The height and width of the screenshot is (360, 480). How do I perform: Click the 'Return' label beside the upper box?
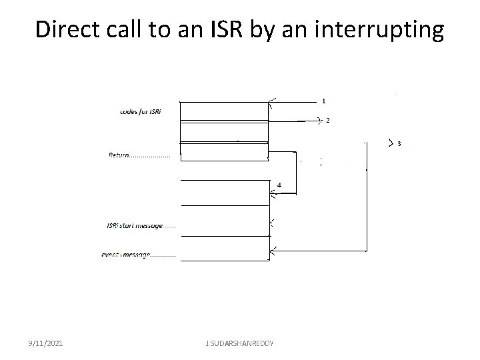click(139, 155)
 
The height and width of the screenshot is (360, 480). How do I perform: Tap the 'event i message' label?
click(139, 254)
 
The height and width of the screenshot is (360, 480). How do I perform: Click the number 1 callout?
click(323, 101)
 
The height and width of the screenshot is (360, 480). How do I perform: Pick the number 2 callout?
click(327, 121)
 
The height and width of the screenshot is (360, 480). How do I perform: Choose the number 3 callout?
click(399, 143)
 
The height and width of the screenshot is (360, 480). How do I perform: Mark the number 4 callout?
click(279, 184)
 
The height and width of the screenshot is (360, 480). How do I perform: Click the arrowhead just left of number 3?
click(390, 143)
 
